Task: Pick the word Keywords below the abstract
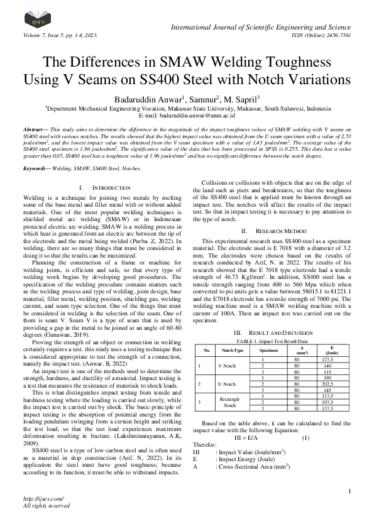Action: coord(36,169)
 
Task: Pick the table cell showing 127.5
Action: coord(327,358)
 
